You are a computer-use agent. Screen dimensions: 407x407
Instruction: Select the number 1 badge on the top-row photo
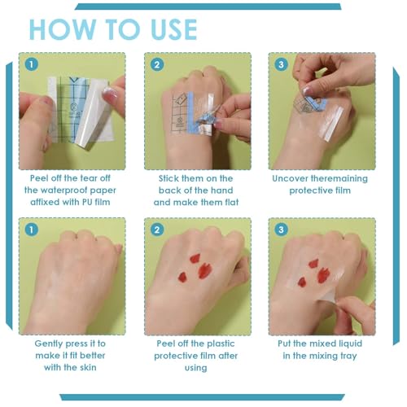point(31,63)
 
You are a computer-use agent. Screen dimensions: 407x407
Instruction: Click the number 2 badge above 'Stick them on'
point(156,63)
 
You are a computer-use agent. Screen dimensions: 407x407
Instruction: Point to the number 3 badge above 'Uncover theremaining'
point(281,63)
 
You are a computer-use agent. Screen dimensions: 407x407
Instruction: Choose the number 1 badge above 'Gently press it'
point(31,229)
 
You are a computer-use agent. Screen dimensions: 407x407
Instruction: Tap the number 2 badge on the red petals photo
point(156,229)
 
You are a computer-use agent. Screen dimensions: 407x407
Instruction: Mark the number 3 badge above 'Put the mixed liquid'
point(281,229)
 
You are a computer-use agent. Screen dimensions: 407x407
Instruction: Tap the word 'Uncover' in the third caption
point(291,178)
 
